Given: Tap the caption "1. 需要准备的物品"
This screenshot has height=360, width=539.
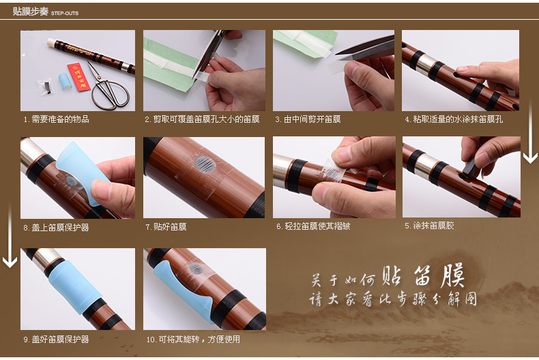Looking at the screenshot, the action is (57, 119).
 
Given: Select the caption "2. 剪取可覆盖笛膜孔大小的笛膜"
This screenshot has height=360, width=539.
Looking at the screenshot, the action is (202, 119).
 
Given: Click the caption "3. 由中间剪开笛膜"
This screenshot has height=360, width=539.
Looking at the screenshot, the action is (308, 119).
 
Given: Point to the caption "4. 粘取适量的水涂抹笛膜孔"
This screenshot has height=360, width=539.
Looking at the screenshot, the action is (454, 119).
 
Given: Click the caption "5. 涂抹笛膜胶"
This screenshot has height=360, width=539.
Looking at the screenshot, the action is (429, 226).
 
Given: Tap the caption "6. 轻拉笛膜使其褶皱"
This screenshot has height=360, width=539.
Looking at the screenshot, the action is (313, 226).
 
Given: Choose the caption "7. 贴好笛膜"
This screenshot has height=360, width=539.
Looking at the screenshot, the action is (166, 227).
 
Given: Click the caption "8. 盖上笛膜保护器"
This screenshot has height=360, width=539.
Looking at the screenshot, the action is (57, 228).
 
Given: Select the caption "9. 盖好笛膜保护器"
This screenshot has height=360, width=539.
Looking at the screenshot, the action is (57, 340).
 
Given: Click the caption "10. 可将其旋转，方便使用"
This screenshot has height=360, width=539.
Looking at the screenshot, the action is (193, 340).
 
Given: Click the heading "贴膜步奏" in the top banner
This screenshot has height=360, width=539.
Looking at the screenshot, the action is (31, 12).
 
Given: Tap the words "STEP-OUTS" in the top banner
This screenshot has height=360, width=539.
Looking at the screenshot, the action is (65, 14).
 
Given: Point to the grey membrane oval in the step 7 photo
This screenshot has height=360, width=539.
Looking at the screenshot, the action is (205, 163).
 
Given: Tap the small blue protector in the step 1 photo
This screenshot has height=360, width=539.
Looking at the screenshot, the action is (65, 81).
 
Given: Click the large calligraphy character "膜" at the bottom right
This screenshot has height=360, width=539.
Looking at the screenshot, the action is (453, 276).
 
